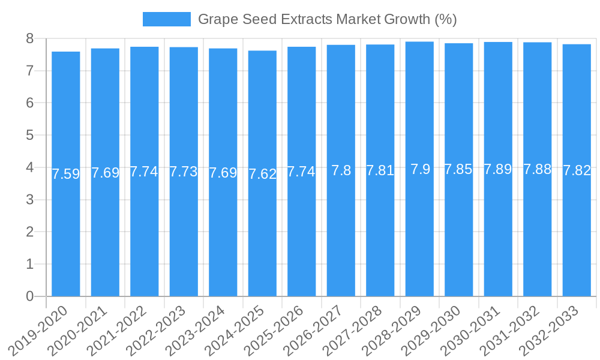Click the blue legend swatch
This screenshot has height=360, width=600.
(x=166, y=19)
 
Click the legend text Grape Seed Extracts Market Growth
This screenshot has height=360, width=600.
(x=327, y=19)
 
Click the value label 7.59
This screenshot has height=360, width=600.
(x=66, y=174)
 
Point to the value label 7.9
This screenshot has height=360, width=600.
(x=420, y=169)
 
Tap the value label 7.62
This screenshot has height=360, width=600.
(x=263, y=174)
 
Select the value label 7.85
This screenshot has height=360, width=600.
(x=459, y=170)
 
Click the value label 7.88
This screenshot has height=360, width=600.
(x=538, y=169)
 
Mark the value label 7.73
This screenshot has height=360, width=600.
(x=184, y=172)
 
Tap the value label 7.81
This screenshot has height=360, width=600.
(x=380, y=170)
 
